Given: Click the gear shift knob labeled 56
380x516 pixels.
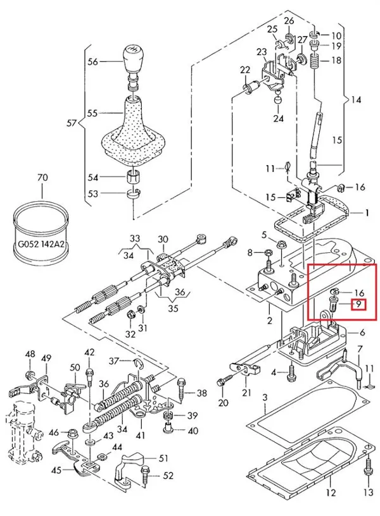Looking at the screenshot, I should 134,61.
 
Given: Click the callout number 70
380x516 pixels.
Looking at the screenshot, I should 42,178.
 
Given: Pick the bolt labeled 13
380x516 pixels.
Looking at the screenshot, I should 369,473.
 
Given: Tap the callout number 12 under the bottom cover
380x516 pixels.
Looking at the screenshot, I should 330,492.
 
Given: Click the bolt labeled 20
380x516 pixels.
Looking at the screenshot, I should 222,383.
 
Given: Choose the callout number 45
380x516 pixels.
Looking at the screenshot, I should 56,470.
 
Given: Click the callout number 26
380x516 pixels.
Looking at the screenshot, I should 289,21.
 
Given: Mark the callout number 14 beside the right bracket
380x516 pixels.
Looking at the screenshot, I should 357,100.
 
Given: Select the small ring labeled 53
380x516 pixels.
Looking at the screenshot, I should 133,193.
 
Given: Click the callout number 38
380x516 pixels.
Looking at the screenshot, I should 201,393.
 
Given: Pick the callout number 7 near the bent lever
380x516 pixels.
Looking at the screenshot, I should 359,348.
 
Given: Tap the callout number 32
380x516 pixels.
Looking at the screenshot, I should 130,333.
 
